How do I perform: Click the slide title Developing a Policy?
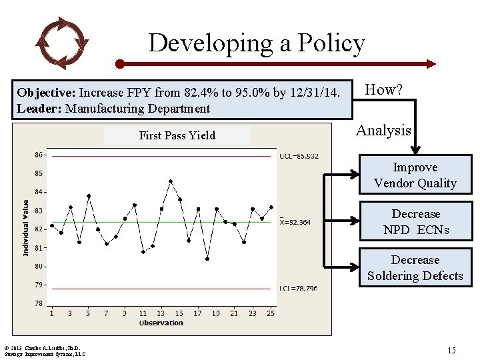pyautogui.click(x=257, y=43)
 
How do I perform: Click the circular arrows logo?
pyautogui.click(x=61, y=43)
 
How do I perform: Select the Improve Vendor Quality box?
pyautogui.click(x=415, y=175)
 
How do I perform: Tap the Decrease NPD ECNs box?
pyautogui.click(x=415, y=222)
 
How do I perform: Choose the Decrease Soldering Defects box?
pyautogui.click(x=415, y=268)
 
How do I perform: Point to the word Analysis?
pyautogui.click(x=383, y=131)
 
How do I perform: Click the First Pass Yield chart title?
pyautogui.click(x=177, y=135)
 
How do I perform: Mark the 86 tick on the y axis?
pyautogui.click(x=39, y=155)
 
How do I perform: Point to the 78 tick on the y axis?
pyautogui.click(x=39, y=303)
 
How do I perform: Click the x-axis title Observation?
pyautogui.click(x=161, y=323)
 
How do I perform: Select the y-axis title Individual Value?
pyautogui.click(x=26, y=227)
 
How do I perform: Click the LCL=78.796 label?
pyautogui.click(x=299, y=289)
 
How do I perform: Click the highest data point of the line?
pyautogui.click(x=171, y=181)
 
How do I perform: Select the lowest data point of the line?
pyautogui.click(x=207, y=259)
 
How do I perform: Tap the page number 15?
pyautogui.click(x=451, y=349)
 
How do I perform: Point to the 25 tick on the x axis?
pyautogui.click(x=271, y=313)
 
